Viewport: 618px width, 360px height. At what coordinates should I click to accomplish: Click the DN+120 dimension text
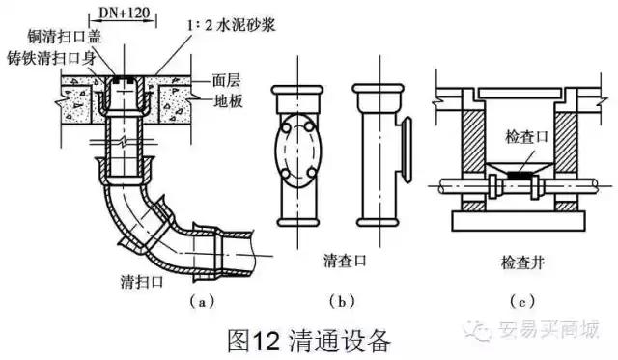coord(124,13)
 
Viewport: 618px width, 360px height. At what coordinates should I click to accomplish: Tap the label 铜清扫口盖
coord(65,37)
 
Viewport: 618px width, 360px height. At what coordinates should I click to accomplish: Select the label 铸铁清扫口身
coord(51,58)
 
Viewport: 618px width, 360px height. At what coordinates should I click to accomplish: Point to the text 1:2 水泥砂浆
coord(232,25)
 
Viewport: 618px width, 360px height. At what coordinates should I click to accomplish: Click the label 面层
coord(226,80)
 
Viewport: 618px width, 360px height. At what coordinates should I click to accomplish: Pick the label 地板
coord(228,101)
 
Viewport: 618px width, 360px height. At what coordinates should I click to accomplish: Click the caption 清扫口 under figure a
coord(142,282)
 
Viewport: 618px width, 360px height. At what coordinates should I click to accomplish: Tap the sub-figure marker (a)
coord(202,302)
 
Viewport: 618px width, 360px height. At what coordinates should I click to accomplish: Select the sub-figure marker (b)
coord(342,302)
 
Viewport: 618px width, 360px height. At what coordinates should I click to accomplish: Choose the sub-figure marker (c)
coord(522,302)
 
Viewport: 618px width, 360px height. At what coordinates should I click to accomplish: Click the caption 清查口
coord(345,261)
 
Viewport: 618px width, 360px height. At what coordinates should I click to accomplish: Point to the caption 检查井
coord(522,262)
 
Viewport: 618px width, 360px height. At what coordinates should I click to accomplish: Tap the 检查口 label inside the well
coord(526,137)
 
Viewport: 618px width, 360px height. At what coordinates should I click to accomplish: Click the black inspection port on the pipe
coord(520,174)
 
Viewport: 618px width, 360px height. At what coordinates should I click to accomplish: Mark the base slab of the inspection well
coord(519,221)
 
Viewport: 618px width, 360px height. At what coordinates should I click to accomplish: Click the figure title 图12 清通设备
coord(309,341)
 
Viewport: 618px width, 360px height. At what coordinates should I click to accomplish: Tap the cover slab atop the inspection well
coord(520,94)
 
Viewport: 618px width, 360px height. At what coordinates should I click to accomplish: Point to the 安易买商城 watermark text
coord(548,329)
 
